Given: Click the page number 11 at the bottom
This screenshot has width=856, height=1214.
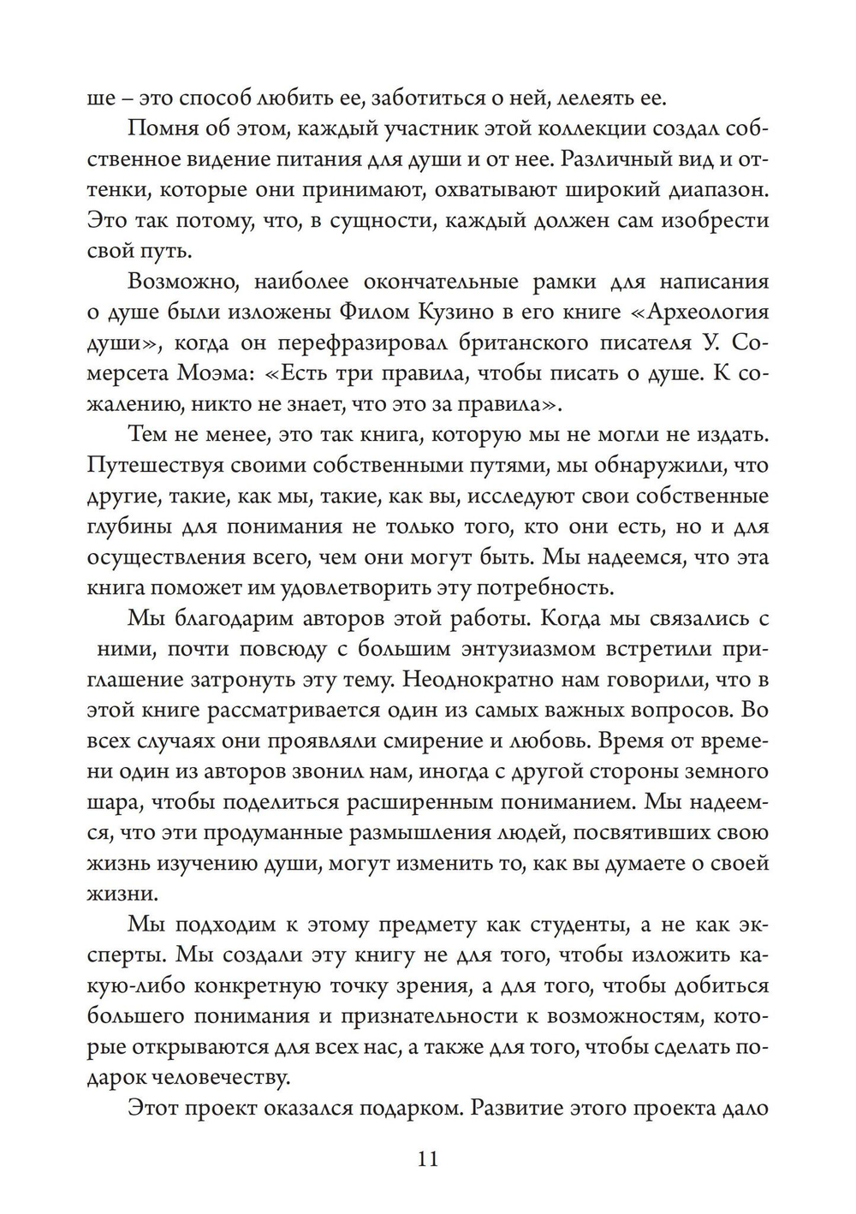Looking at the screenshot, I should pyautogui.click(x=428, y=1159).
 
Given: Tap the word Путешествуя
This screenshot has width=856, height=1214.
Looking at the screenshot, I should pyautogui.click(x=157, y=466).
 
